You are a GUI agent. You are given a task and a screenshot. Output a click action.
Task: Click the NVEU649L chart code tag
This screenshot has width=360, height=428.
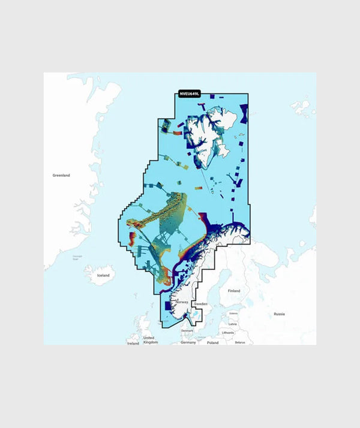pos(189,94)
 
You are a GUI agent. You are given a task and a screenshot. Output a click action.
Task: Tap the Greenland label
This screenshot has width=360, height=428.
pos(61,175)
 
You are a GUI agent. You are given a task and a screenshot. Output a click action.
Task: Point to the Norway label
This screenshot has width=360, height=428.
pos(182,303)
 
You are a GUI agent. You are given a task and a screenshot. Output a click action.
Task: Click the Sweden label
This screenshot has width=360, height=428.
pos(200,305)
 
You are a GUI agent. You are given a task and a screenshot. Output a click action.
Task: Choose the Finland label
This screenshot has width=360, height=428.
pos(233,291)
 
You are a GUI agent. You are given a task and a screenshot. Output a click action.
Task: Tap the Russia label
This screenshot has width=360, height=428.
pos(279,314)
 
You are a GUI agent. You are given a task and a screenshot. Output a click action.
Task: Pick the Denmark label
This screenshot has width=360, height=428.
pos(187,330)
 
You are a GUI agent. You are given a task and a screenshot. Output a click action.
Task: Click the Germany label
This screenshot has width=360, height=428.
pos(189,342)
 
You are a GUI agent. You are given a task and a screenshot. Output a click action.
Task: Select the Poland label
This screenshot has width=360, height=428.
pos(213,342)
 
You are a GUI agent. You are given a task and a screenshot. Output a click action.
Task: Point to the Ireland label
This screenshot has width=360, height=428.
pos(133,343)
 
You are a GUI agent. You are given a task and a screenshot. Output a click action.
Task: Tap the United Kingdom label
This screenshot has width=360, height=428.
pos(150,340)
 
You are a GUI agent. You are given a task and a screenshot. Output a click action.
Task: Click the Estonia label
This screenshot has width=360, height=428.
pos(233,313)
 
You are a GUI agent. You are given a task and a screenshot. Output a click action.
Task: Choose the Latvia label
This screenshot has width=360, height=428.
pos(233,324)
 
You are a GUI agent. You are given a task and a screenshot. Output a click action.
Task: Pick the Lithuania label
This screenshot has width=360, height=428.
pos(227,332)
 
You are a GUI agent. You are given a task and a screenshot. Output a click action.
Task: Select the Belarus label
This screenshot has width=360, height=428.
pos(241,342)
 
